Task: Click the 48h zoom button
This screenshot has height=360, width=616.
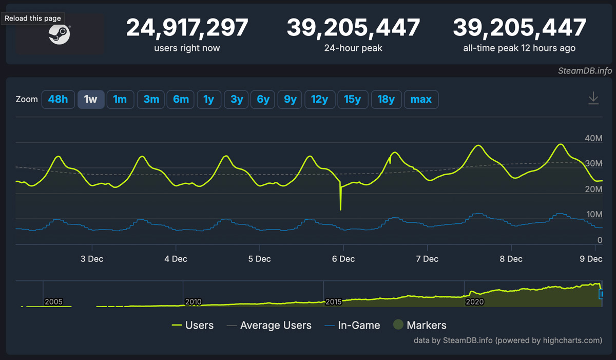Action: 58,99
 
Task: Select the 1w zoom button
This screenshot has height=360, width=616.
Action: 90,99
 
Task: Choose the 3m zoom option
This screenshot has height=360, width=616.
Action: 151,99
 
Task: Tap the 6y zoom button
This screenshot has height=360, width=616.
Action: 263,99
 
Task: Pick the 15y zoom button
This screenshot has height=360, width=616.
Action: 352,99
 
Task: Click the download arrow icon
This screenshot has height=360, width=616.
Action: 593,98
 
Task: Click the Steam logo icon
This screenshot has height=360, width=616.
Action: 59,34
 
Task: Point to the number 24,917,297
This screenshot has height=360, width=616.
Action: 187,27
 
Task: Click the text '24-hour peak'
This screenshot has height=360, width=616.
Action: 353,48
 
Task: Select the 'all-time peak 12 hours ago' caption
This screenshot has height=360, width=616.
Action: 519,48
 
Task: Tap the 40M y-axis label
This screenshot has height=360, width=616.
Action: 593,138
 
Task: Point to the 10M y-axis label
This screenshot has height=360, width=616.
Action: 593,214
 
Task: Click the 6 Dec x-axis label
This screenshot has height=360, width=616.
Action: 344,259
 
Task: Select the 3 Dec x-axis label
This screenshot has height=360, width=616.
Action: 92,259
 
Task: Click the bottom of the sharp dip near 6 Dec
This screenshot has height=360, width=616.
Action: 340,209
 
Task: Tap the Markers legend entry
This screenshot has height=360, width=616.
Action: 419,325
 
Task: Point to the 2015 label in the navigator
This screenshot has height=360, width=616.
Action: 334,302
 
